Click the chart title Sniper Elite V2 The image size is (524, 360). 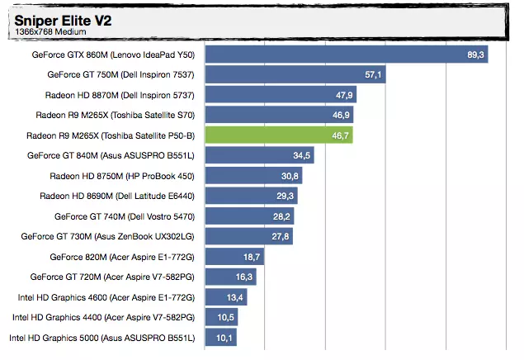[63, 21]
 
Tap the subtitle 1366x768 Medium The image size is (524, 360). [50, 31]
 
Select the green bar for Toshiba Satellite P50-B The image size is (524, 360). [279, 135]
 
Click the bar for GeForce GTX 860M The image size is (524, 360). [347, 54]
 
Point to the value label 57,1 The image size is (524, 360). [373, 74]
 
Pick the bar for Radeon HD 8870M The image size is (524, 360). [281, 95]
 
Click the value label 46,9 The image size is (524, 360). [341, 115]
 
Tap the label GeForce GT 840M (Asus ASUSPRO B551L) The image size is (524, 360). [111, 155]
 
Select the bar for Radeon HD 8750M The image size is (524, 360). [253, 176]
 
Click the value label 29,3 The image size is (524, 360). [285, 196]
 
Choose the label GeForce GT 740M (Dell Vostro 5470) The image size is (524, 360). [125, 216]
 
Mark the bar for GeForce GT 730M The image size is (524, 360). [249, 236]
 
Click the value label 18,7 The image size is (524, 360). [252, 257]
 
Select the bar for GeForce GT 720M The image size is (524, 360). [230, 277]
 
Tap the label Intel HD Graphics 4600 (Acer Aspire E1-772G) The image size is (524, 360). [106, 297]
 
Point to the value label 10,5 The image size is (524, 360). [225, 317]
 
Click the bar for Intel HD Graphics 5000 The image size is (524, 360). [221, 337]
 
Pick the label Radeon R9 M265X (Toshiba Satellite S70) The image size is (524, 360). [116, 115]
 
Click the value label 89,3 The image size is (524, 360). [475, 54]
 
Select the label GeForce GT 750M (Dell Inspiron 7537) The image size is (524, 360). [121, 74]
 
